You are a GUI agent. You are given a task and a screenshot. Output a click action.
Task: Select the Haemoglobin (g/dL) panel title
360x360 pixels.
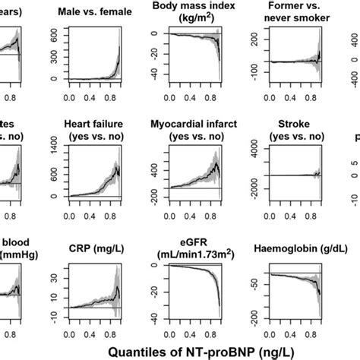[x=283, y=248]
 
